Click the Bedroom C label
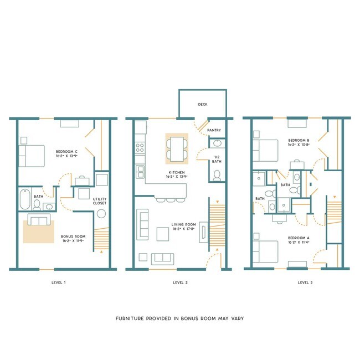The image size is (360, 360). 67,153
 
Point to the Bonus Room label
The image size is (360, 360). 73,239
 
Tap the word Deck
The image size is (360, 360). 203,104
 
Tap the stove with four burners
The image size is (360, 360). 140,148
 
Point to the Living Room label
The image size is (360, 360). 183,228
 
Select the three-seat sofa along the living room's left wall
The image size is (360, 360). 142,224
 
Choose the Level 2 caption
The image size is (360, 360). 180,282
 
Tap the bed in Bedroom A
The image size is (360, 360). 265,250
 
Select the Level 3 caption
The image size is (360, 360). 305,282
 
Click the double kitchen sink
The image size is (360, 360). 140,171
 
